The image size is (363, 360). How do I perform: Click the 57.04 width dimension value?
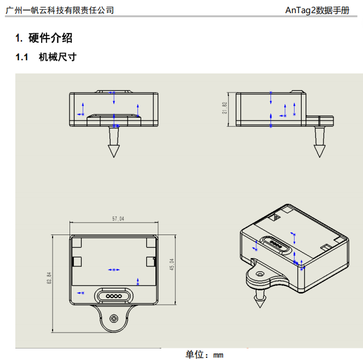(x=118, y=219)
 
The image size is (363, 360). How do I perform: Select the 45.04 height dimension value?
(x=172, y=264)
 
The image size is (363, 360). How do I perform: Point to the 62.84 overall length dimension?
(x=49, y=278)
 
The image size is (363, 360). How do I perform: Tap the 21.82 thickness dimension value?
(x=224, y=108)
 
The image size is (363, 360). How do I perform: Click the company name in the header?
(x=60, y=10)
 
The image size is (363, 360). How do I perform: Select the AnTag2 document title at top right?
(x=317, y=10)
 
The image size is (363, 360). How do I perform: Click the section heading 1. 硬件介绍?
(x=44, y=38)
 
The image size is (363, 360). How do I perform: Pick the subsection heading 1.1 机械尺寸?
(x=46, y=57)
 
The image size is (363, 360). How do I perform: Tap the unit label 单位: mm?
(x=204, y=355)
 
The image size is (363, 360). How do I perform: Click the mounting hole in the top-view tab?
(x=114, y=318)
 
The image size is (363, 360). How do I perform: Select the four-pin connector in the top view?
(x=114, y=296)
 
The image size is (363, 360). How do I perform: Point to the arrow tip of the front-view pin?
(x=114, y=157)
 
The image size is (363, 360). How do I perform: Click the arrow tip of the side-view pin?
(x=320, y=157)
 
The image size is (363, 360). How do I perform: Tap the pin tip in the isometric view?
(x=260, y=307)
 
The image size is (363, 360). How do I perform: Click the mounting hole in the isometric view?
(x=260, y=275)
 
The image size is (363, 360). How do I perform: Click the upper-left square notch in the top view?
(x=77, y=242)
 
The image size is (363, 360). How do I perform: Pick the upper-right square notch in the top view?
(x=151, y=242)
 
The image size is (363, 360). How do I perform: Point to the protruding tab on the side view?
(x=320, y=121)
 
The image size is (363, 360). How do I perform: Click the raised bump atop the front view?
(x=114, y=92)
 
